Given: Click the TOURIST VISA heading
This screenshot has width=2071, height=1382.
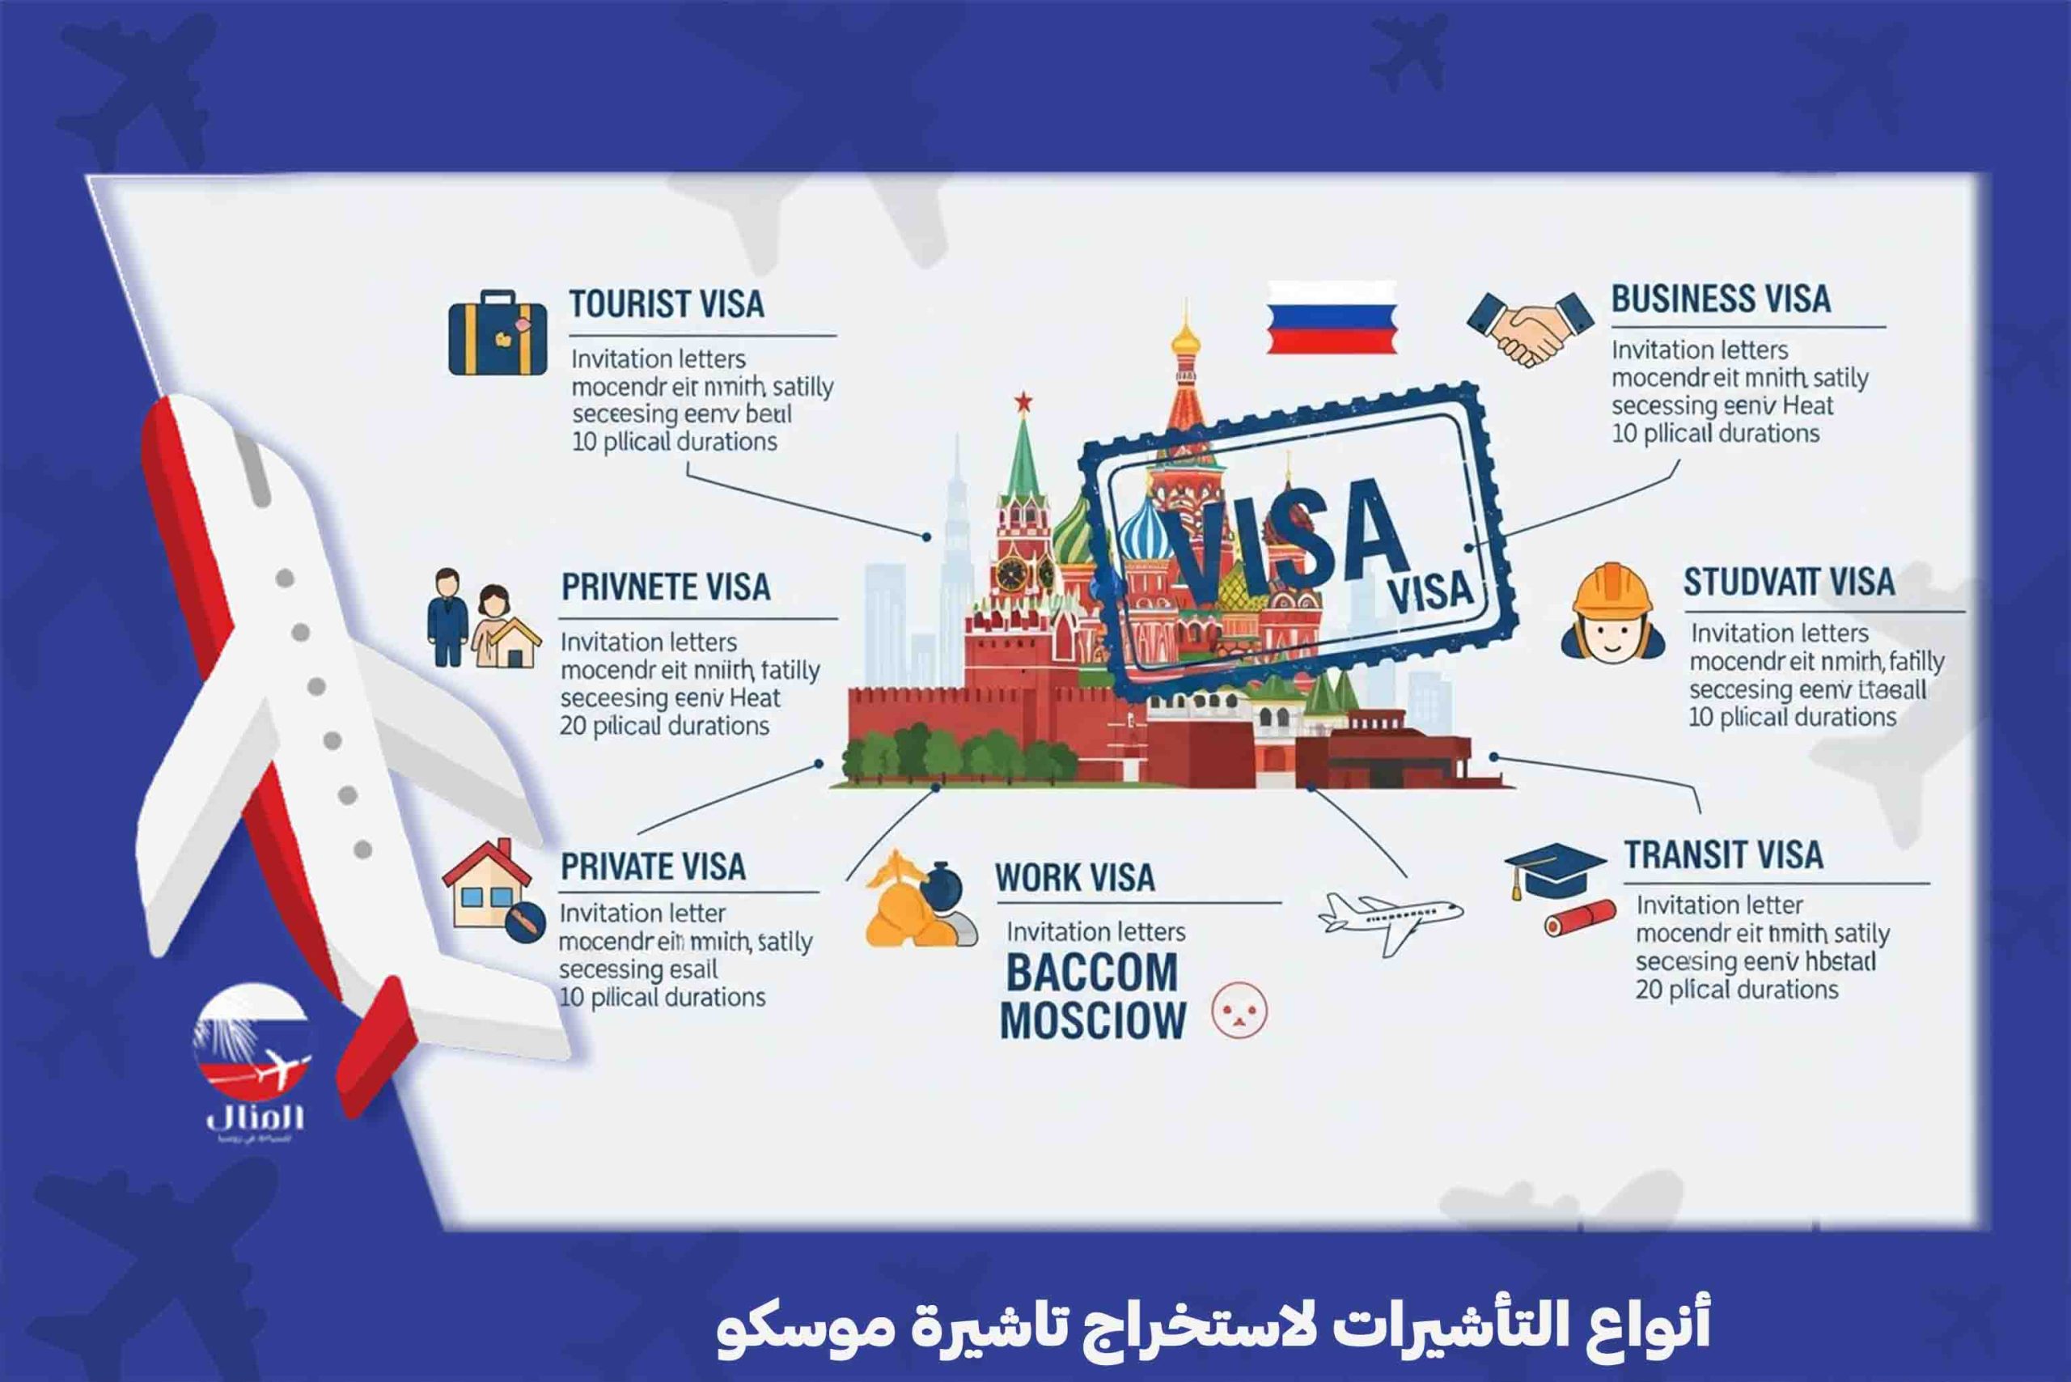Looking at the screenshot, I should (667, 304).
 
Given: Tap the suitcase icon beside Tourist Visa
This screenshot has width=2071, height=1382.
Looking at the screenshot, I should (497, 333).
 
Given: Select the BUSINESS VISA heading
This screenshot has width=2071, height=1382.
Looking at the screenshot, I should (1720, 299).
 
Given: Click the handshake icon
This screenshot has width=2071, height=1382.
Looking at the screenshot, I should (1530, 328).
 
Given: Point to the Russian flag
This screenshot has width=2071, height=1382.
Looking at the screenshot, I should (1331, 317).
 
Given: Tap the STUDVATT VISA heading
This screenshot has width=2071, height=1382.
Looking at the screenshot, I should (1788, 582).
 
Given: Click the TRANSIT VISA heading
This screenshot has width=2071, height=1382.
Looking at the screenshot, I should (1723, 855).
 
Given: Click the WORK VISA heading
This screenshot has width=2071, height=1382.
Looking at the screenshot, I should (1074, 878).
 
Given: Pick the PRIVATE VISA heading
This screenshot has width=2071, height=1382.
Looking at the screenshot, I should (653, 867).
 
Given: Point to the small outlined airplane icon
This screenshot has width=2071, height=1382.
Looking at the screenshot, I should (1389, 921).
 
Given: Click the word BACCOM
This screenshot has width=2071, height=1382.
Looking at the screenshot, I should (1091, 972).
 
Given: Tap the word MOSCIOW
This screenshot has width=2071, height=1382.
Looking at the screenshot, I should (1093, 1020).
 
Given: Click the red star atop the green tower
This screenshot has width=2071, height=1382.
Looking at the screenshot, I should (1023, 402).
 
